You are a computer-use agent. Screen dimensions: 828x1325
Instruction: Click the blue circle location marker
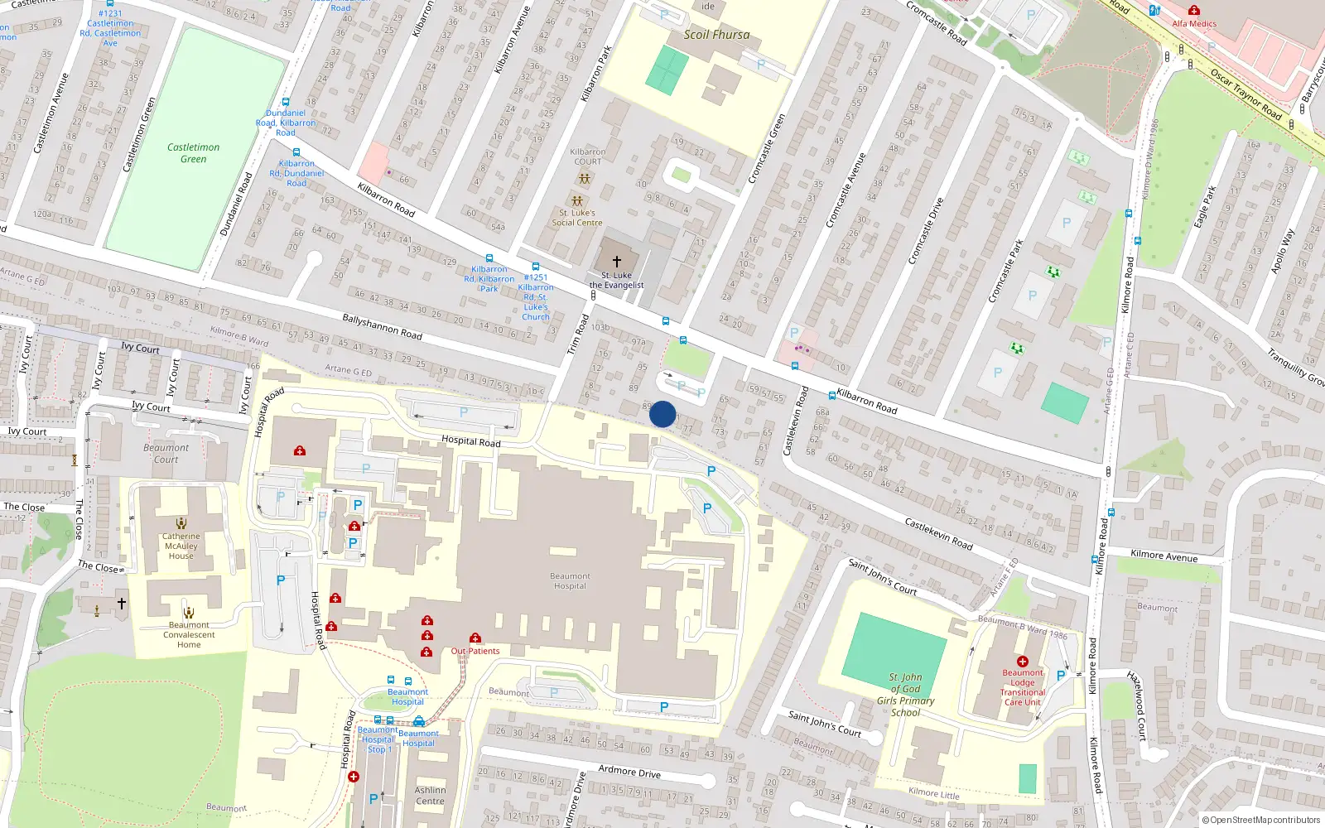662,414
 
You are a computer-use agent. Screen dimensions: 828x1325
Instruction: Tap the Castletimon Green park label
193,153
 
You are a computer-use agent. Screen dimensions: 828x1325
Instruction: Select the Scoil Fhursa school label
716,35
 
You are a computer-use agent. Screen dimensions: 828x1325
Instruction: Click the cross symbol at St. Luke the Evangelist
616,261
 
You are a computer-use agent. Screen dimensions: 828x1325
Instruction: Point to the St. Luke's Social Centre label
577,218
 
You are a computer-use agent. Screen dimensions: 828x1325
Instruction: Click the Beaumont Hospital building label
570,580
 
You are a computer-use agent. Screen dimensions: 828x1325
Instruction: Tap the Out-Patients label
475,651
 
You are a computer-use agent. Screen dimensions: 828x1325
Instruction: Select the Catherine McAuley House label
181,546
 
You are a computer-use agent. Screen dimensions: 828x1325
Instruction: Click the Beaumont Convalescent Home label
189,635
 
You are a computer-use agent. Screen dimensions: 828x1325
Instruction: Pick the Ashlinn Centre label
430,796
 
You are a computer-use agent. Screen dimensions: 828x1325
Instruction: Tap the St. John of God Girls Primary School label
905,695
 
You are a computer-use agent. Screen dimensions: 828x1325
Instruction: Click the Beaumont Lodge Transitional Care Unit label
1022,687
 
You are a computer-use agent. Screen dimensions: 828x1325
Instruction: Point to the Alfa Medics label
1194,24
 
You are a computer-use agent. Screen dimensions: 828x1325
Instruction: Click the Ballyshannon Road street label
383,327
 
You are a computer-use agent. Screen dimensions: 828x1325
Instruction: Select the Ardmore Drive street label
629,772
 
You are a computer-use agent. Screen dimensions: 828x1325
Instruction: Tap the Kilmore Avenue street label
1164,556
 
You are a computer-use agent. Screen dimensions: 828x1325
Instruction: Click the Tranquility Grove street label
1295,366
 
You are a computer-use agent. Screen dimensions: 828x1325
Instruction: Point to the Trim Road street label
578,335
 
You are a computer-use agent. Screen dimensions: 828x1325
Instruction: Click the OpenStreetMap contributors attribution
1260,820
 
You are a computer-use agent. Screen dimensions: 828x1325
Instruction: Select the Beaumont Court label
166,454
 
